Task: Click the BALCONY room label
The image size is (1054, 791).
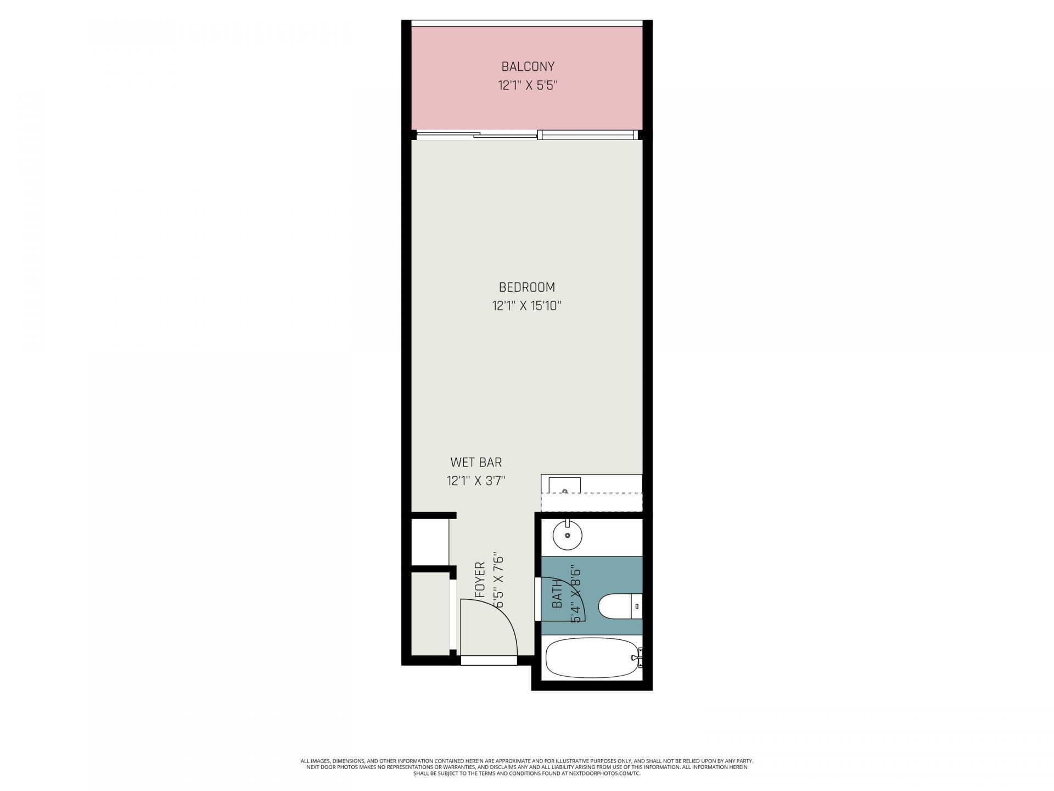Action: tap(528, 67)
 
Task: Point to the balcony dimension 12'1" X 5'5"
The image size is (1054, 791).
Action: tap(528, 86)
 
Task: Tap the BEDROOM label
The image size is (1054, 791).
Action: tap(526, 287)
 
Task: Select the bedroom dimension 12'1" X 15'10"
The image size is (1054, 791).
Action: tap(526, 306)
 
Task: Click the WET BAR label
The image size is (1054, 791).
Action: tap(476, 463)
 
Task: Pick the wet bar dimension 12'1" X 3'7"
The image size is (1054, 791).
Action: tap(476, 481)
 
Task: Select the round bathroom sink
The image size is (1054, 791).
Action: tap(567, 534)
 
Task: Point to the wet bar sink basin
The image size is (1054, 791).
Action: tap(565, 486)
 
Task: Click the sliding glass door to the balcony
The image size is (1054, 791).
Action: tap(505, 135)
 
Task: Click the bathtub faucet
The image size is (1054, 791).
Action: tap(637, 657)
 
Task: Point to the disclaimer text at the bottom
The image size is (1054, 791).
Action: tap(527, 767)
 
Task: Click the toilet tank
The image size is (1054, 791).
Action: tap(637, 606)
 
